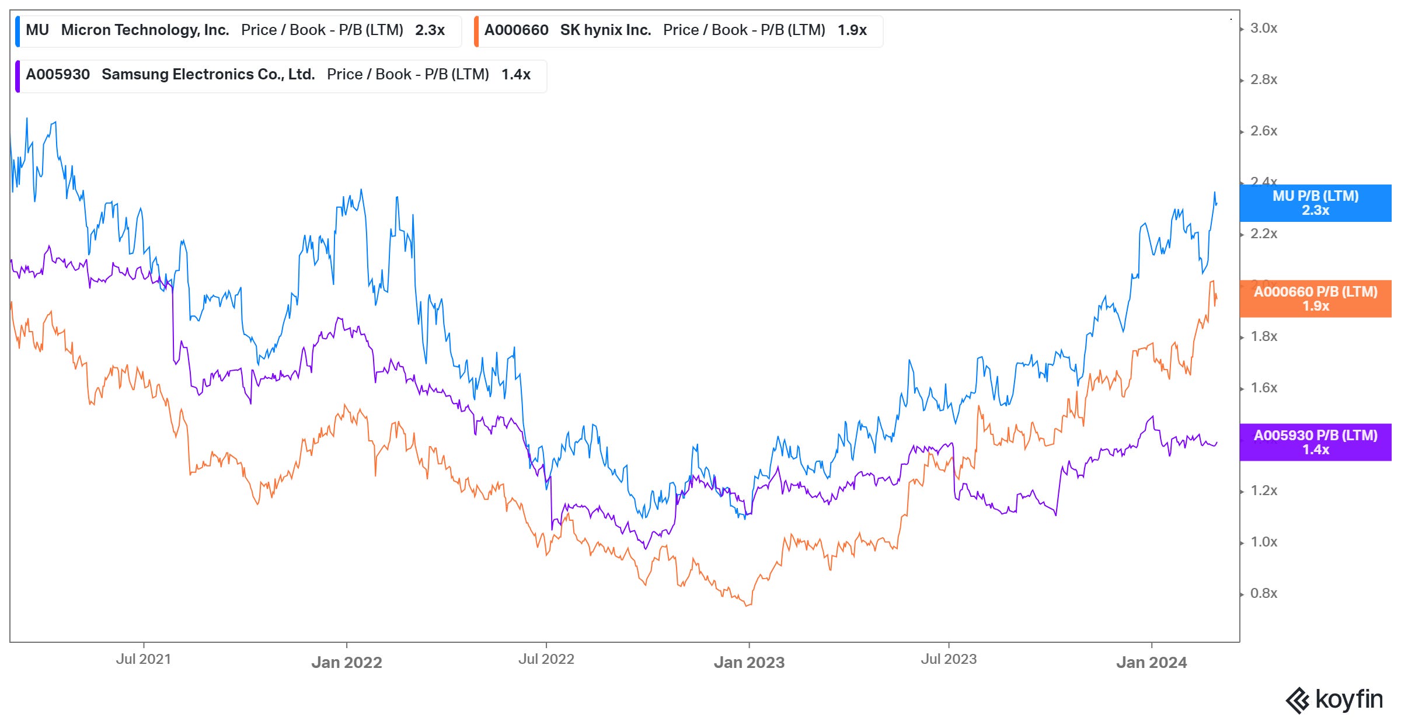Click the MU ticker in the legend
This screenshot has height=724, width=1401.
click(x=37, y=30)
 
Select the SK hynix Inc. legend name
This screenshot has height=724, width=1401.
click(x=605, y=30)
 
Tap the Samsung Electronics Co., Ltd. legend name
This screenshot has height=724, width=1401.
click(x=208, y=75)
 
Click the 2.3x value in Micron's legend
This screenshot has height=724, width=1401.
click(x=430, y=30)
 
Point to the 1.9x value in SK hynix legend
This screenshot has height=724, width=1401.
click(x=852, y=30)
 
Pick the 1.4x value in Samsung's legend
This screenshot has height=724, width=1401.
click(x=515, y=75)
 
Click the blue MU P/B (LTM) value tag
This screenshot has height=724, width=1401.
click(x=1315, y=203)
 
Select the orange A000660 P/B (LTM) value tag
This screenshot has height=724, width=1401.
click(x=1315, y=299)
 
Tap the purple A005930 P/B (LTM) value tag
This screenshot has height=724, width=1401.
click(x=1315, y=443)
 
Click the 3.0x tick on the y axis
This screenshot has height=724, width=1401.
click(x=1263, y=29)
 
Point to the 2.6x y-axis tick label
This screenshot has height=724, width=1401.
click(x=1263, y=131)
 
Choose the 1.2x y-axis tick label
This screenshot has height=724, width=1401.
click(x=1263, y=491)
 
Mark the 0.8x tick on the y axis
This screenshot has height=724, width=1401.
click(x=1263, y=594)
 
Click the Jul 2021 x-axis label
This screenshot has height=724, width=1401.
click(x=144, y=659)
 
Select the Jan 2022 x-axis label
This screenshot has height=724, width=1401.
click(x=346, y=663)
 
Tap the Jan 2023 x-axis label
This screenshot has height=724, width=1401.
click(x=749, y=663)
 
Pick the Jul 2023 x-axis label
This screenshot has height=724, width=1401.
click(x=949, y=659)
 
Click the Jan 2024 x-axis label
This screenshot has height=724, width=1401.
click(x=1151, y=663)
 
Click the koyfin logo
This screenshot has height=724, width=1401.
click(x=1334, y=699)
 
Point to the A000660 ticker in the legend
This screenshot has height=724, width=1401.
click(x=516, y=30)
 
